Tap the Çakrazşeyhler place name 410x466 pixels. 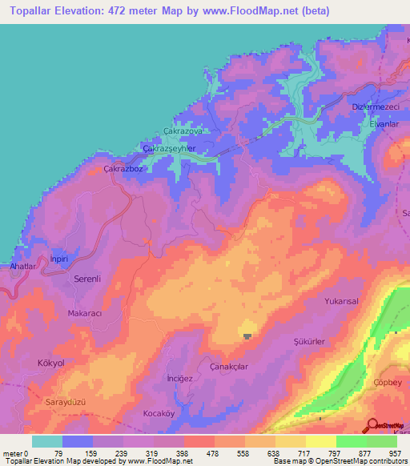169,149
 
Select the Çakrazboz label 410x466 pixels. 123,169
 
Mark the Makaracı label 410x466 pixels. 85,314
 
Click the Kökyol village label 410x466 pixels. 50,363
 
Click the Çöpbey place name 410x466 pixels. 388,382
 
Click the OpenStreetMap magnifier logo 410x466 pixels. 373,425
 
